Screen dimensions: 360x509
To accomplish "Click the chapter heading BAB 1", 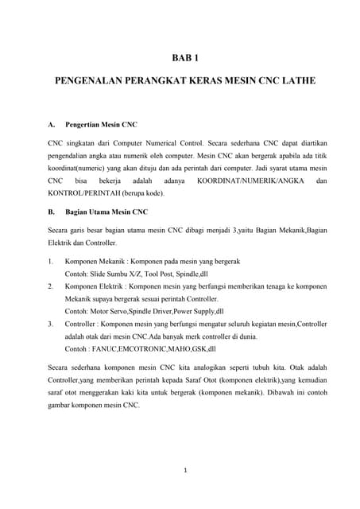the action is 185,57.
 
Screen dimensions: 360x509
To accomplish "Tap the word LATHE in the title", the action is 295,82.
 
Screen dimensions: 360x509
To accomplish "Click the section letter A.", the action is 52,125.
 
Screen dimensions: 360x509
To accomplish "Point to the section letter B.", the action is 52,212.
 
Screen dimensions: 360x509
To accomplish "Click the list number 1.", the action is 51,261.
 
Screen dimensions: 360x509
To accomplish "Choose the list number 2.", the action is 51,285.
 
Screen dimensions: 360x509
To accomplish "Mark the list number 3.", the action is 51,324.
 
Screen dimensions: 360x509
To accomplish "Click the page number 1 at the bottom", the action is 185,470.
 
